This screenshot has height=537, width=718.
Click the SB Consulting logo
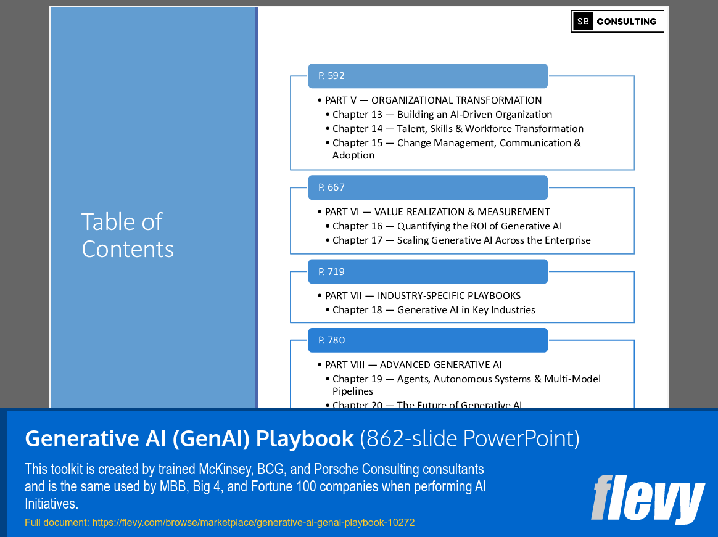coord(617,22)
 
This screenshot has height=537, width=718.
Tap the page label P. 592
coord(332,76)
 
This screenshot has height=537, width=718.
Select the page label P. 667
coord(332,187)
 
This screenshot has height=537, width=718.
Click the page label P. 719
coord(332,271)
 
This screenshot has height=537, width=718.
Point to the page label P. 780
coord(332,340)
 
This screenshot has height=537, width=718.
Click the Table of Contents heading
coord(128,236)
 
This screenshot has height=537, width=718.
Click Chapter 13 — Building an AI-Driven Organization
coord(442,115)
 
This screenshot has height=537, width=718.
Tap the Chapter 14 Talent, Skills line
coord(458,129)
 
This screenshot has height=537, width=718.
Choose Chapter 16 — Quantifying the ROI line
coord(447,226)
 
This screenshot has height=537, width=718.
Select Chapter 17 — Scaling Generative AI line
coord(461,240)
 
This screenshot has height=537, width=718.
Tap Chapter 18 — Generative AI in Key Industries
coord(434,310)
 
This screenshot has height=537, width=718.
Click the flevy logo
coord(648,498)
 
